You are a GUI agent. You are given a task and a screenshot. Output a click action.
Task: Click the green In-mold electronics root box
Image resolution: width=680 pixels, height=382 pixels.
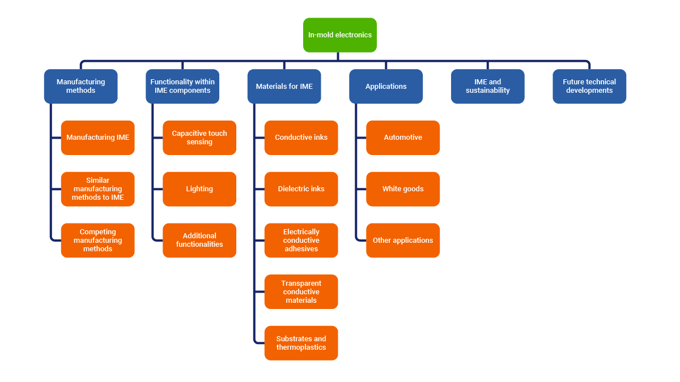click(x=339, y=35)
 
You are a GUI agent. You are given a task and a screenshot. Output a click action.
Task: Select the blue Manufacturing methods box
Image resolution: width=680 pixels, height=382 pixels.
click(x=80, y=86)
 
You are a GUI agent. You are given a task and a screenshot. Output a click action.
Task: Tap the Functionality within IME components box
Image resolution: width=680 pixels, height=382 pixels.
click(x=182, y=86)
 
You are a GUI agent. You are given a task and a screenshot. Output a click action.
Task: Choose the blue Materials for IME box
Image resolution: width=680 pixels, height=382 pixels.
click(x=284, y=86)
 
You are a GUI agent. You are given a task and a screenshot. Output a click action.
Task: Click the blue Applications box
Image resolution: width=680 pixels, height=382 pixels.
click(x=386, y=86)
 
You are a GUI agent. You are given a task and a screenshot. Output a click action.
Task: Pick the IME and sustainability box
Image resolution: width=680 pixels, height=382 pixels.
click(x=487, y=86)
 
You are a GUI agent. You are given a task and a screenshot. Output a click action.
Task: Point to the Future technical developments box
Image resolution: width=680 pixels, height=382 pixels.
click(x=589, y=86)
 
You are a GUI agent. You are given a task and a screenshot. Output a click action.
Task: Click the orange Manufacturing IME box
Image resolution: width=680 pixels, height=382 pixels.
click(x=97, y=138)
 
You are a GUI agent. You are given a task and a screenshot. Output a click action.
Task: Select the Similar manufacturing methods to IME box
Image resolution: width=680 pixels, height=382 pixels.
click(x=97, y=189)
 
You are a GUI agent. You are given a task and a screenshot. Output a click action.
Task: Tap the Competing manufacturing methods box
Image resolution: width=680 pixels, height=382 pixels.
click(x=97, y=240)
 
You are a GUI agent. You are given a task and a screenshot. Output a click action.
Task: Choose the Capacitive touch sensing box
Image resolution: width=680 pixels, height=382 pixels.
click(x=199, y=138)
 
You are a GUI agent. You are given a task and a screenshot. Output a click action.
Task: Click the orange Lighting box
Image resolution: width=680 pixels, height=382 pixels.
click(x=199, y=189)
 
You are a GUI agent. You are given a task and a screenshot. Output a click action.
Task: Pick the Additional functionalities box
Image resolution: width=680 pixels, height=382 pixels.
click(x=199, y=240)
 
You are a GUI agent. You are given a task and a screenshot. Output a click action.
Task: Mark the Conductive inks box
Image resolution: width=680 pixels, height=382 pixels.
click(x=301, y=138)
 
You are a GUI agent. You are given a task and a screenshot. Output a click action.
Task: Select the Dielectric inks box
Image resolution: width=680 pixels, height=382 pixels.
click(x=301, y=189)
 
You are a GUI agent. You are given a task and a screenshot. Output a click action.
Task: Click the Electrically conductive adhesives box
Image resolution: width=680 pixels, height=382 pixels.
click(x=301, y=240)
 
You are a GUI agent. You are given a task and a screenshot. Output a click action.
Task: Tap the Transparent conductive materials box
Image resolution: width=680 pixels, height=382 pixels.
click(x=301, y=291)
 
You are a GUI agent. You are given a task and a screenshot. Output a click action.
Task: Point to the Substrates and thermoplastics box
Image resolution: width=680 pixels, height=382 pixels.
click(x=301, y=343)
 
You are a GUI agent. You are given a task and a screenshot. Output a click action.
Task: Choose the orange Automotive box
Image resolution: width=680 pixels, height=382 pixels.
click(x=403, y=138)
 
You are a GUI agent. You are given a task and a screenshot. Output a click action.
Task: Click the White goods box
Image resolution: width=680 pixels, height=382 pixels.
click(x=403, y=189)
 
